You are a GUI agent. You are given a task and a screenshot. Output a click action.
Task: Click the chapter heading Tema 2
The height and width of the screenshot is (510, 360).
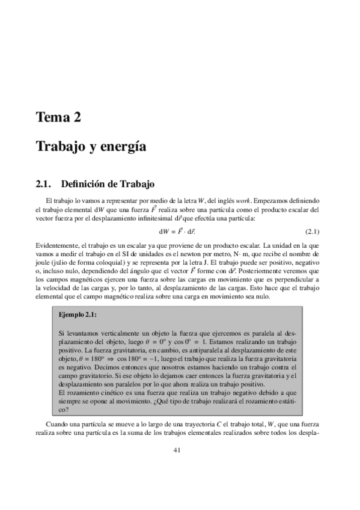(58, 117)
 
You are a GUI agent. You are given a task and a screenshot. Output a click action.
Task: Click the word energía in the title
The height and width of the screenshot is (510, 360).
(127, 146)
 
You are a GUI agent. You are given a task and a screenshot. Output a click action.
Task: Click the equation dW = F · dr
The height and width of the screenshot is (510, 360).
(180, 231)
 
